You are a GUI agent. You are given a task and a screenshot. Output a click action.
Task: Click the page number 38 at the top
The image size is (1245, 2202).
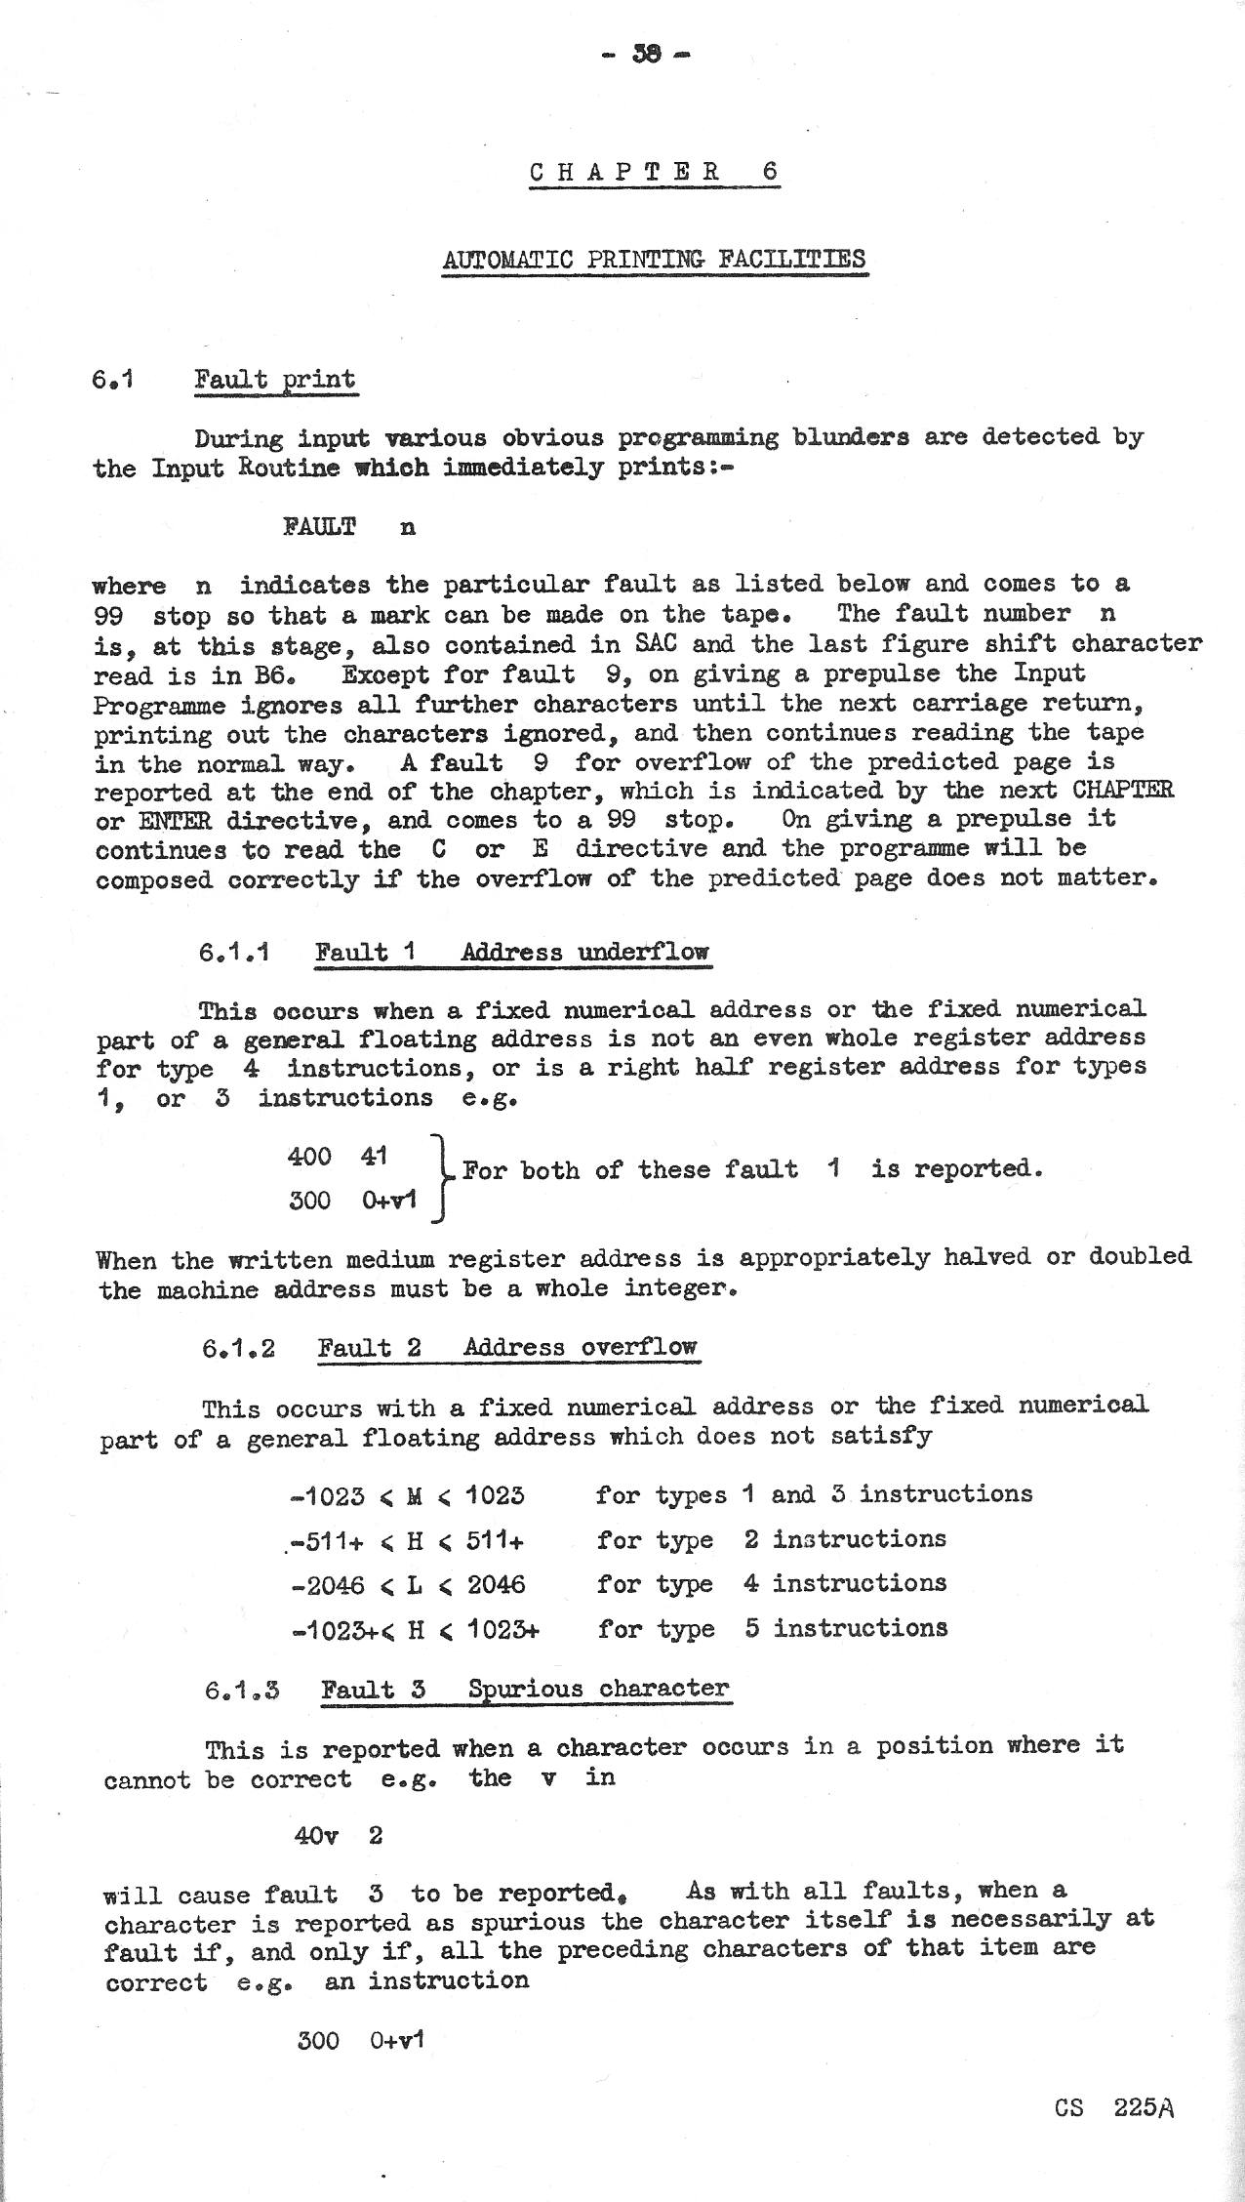(647, 55)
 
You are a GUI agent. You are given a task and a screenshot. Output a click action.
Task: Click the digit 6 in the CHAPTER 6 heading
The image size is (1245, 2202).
(771, 172)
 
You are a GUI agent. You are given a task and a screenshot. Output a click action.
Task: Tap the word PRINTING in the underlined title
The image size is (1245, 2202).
(644, 260)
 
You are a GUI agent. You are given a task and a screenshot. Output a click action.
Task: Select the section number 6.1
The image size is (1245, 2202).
(112, 379)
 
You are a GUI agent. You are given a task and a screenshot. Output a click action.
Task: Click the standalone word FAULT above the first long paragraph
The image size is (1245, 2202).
(319, 527)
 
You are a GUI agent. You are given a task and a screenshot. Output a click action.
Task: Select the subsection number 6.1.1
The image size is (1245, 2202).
(233, 952)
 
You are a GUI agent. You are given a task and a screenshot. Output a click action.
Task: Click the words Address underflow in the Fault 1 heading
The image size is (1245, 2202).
(584, 952)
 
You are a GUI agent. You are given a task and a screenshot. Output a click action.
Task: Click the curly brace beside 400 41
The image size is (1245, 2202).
(441, 1178)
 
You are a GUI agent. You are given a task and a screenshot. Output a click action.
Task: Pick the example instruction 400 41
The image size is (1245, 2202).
(338, 1157)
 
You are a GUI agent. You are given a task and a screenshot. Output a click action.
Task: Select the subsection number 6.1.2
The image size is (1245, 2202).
(238, 1349)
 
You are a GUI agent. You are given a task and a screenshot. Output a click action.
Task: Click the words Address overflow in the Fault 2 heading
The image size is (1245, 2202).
(581, 1348)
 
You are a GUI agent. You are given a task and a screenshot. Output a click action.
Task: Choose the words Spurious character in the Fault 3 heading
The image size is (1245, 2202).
(598, 1690)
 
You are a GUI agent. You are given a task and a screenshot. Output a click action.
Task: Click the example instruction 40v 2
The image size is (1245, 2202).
(338, 1836)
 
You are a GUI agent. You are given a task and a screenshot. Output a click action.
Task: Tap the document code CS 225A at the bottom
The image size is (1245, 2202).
(1113, 2107)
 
